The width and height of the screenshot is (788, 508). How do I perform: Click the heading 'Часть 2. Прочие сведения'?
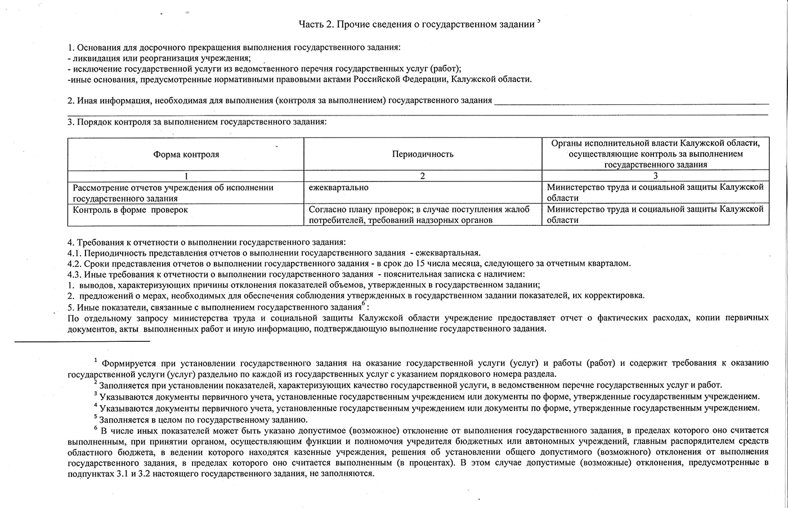coord(417,24)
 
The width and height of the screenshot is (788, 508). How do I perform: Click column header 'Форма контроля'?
coord(186,154)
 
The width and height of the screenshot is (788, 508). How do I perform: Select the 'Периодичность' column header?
coord(423,154)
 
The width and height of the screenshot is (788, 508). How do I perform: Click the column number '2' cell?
coord(423,176)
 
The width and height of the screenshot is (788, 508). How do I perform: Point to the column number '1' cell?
coord(186,176)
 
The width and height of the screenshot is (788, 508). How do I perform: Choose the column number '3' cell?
coord(655,176)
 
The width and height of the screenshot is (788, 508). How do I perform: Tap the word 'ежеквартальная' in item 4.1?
coord(448,253)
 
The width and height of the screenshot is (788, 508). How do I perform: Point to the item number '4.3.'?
coord(74,274)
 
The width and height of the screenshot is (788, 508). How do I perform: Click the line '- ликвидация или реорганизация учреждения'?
coord(159,58)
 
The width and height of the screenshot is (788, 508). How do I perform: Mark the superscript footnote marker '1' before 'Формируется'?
coord(96,360)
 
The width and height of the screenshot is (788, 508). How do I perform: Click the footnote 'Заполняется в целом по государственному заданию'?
coord(203,420)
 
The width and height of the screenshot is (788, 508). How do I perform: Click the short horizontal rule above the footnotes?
coord(82,341)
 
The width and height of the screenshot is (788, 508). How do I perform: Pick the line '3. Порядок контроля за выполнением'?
coord(197,122)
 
